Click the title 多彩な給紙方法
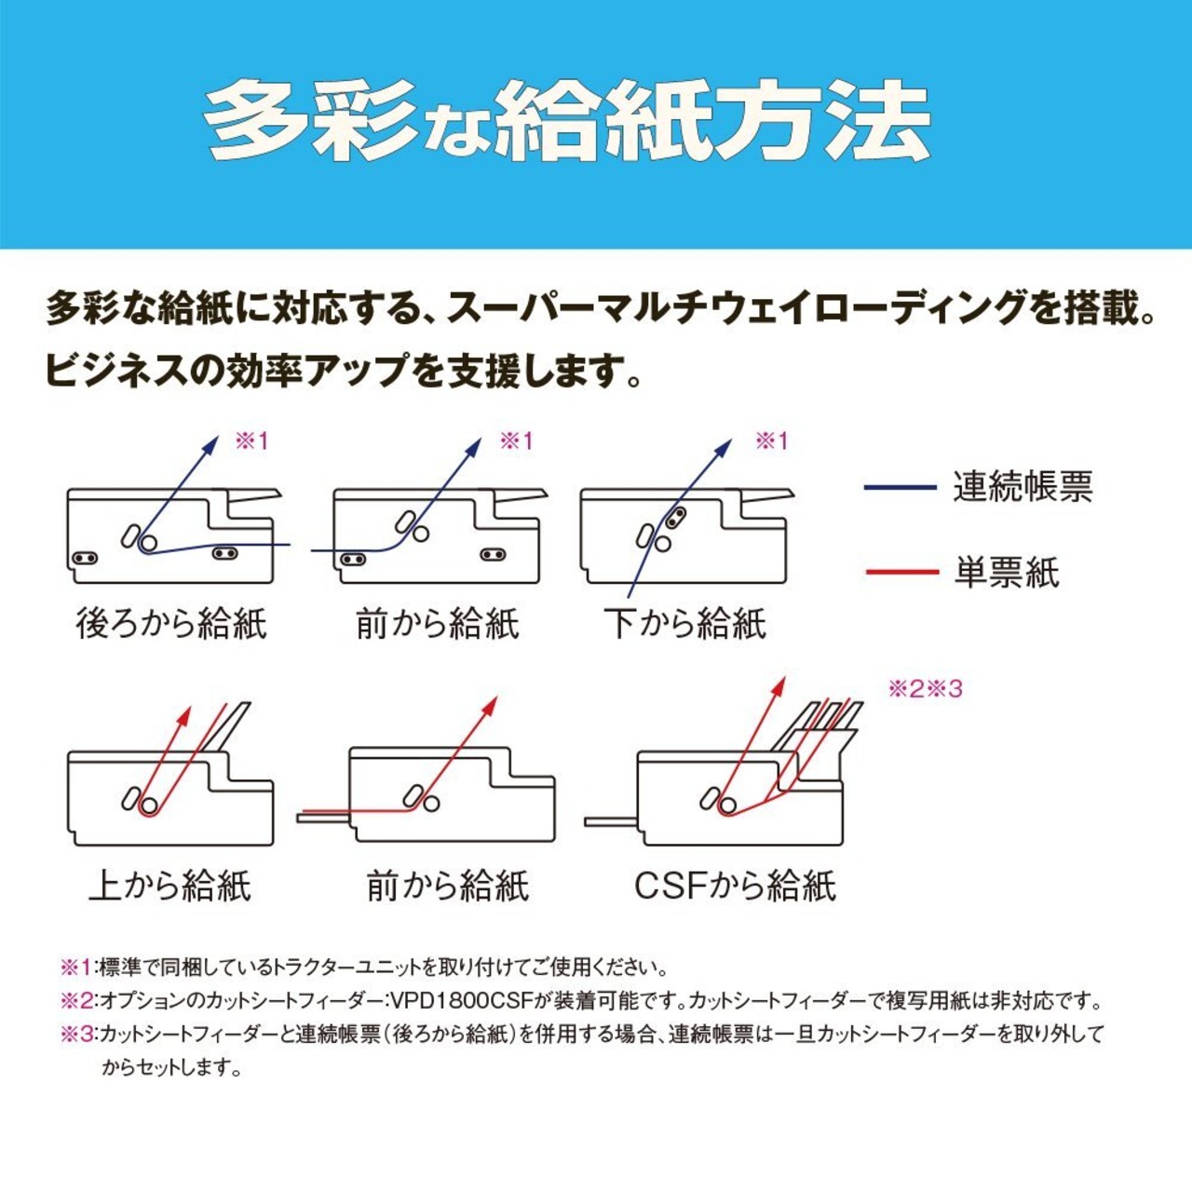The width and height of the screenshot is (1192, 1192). point(567,121)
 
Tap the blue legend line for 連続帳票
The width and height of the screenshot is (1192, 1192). point(900,487)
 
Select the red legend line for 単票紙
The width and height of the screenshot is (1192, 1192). point(901,571)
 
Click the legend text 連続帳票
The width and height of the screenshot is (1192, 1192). point(1023,487)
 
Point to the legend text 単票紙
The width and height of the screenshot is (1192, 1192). point(1007,572)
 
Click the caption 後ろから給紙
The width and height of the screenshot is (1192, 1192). point(171,623)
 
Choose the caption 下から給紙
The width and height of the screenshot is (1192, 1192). point(684,623)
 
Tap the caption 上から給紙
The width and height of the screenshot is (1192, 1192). point(169,885)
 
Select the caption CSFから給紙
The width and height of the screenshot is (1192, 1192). point(735,885)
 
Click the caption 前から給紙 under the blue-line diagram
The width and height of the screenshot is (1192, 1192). point(437,623)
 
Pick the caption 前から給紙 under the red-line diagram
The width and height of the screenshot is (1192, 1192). point(447,885)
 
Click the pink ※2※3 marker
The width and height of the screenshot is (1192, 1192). point(925,689)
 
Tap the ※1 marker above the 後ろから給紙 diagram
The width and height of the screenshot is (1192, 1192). point(251,440)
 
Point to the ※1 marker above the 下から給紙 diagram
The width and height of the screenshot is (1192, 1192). point(771,440)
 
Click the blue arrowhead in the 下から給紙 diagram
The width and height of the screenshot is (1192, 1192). point(724,448)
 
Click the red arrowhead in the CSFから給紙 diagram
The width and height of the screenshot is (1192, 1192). point(778,686)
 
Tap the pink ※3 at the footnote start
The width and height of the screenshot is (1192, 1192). point(78,1034)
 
